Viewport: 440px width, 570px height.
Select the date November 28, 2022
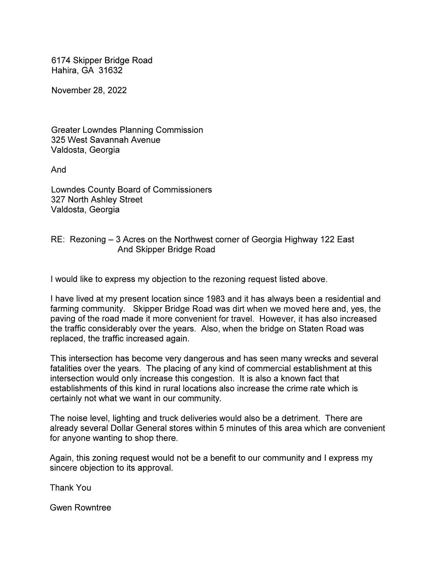tap(89, 90)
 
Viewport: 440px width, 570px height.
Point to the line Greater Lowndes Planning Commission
tap(127, 130)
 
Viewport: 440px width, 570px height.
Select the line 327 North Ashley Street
tap(97, 200)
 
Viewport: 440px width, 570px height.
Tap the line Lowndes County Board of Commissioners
tap(131, 190)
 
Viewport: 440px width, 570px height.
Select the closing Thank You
tap(70, 488)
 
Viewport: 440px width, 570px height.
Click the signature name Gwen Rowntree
tap(80, 508)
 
